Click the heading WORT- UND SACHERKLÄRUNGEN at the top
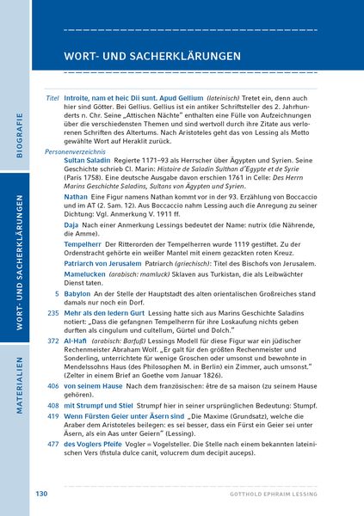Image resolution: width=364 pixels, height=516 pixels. [x=151, y=56]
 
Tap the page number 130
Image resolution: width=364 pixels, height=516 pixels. [x=41, y=494]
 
